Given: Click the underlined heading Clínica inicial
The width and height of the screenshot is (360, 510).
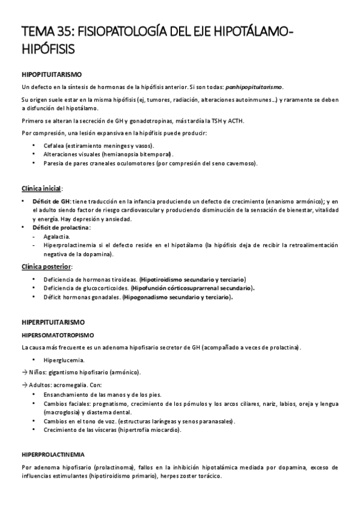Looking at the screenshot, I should pyautogui.click(x=42, y=188).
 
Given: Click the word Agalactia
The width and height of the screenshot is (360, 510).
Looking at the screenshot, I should pyautogui.click(x=56, y=237).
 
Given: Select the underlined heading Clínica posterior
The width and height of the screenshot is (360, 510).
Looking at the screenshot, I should pyautogui.click(x=46, y=266).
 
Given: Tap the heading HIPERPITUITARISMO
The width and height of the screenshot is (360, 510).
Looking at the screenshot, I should pyautogui.click(x=53, y=322).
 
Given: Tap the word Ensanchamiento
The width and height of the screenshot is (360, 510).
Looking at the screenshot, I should pyautogui.click(x=66, y=394).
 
